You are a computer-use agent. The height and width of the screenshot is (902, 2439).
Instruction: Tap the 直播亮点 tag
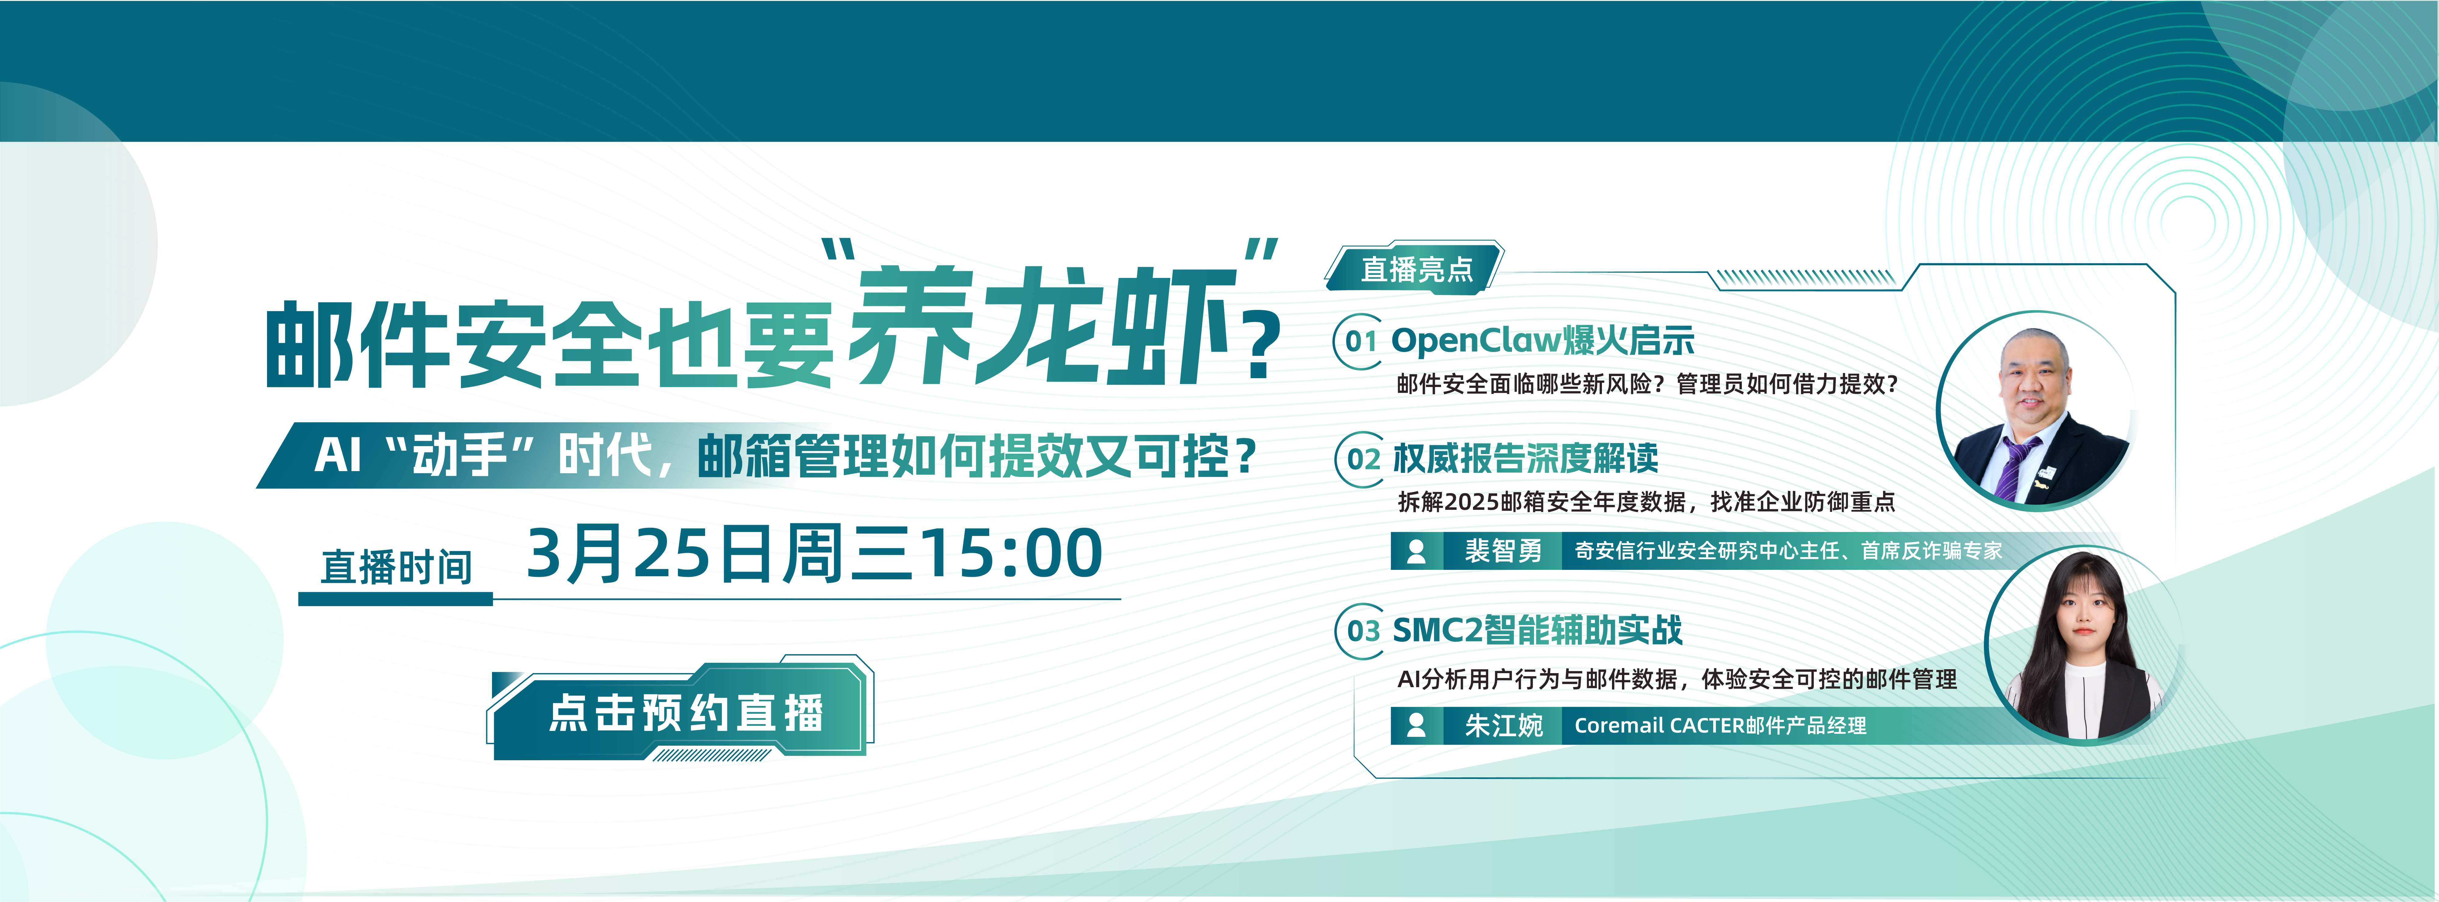pos(1415,269)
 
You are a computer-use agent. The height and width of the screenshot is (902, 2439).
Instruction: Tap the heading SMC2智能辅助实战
pos(1537,629)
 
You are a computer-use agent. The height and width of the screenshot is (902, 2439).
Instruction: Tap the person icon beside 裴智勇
pos(1417,551)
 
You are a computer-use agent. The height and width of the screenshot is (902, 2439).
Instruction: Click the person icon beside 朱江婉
pos(1417,726)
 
